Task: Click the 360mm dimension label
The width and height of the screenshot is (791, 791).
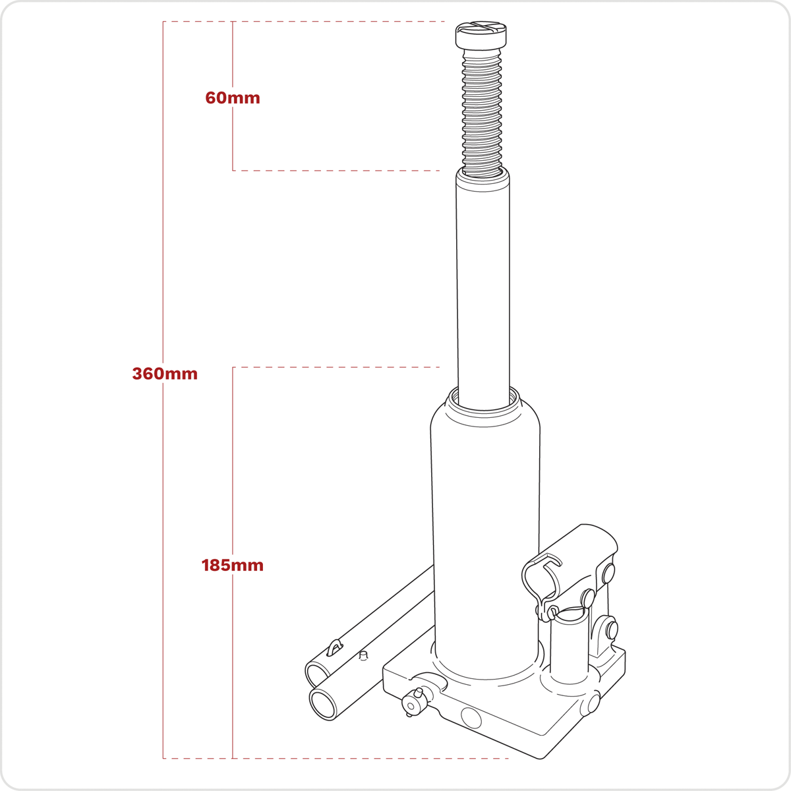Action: pyautogui.click(x=165, y=374)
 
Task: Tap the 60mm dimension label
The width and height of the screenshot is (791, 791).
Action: pyautogui.click(x=233, y=98)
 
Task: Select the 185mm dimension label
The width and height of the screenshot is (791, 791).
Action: pyautogui.click(x=232, y=565)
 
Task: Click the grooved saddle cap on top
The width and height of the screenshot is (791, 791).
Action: pyautogui.click(x=481, y=36)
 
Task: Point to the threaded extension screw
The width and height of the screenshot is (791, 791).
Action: pyautogui.click(x=481, y=111)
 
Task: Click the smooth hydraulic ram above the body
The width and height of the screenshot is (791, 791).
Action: pyautogui.click(x=483, y=287)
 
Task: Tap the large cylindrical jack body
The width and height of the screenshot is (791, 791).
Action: pyautogui.click(x=485, y=534)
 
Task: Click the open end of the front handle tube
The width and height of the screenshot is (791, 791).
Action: pyautogui.click(x=323, y=705)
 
